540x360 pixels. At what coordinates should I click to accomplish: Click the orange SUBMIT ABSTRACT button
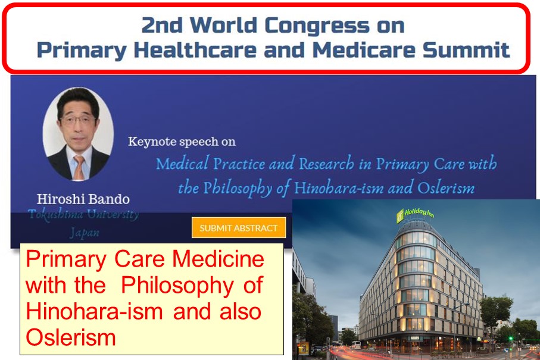coord(239,227)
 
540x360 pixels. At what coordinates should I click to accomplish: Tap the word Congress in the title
coord(317,26)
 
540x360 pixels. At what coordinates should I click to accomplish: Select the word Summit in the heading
coord(466,50)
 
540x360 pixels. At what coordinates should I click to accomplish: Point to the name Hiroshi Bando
coord(83,199)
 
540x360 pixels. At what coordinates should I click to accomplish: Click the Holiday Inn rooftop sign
coord(415,214)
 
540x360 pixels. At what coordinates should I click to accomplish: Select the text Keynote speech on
coord(182,142)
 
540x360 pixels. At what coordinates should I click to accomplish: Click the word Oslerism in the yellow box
coord(71,337)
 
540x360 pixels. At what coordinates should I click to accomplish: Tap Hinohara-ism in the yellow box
coord(94,311)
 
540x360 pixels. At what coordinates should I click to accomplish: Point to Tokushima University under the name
coord(84,214)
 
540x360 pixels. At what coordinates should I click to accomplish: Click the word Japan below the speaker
coord(85,233)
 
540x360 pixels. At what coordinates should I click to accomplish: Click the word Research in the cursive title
coord(326,163)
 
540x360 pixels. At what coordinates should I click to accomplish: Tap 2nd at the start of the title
coord(161,26)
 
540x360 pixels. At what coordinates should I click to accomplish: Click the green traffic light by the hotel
coord(511,339)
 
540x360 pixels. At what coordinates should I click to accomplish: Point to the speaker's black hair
coord(79,100)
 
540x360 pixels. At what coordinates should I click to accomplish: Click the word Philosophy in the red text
coord(177,286)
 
